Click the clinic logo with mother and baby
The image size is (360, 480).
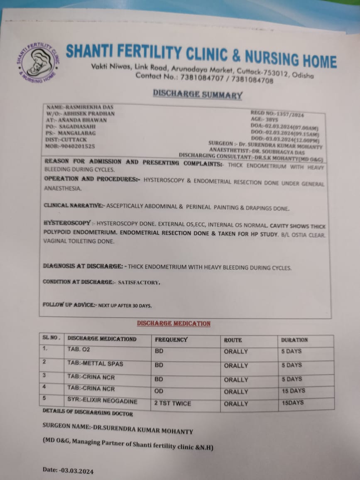click(38, 62)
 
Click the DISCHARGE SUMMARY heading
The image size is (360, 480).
click(197, 94)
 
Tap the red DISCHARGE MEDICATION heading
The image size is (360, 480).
click(174, 323)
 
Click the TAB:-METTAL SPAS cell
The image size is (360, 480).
click(95, 364)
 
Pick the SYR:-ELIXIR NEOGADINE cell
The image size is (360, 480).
click(102, 401)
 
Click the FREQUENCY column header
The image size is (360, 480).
click(171, 340)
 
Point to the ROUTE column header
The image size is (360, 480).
click(233, 340)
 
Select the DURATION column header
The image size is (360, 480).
click(294, 340)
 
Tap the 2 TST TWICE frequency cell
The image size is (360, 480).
click(173, 403)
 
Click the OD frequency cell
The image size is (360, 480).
click(159, 391)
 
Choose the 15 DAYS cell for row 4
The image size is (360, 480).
click(293, 391)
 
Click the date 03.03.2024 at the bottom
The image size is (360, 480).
click(77, 471)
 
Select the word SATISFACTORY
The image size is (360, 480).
click(139, 282)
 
